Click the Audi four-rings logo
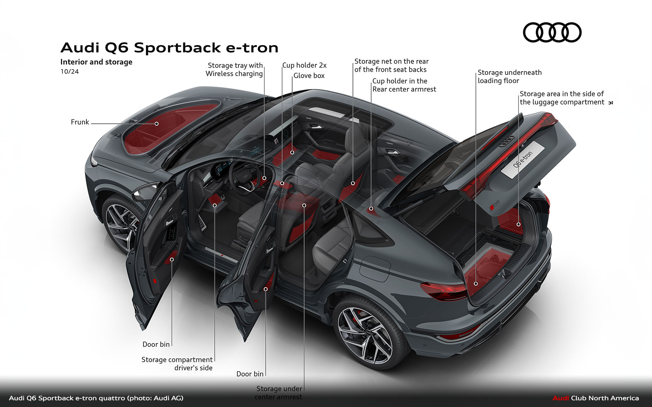pos(552,33)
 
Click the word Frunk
pos(80,122)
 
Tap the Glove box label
pos(309,76)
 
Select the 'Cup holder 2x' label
pos(304,65)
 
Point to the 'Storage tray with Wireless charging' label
pos(234,70)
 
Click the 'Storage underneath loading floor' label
pos(509,77)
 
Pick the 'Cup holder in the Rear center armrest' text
pos(404,85)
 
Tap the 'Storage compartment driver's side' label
pos(177,364)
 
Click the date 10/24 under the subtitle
pos(70,72)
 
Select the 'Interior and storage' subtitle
pos(96,62)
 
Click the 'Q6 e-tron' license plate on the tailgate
pos(523,160)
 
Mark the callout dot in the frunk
pos(156,123)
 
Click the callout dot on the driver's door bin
pos(172,259)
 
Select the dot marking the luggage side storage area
pos(518,224)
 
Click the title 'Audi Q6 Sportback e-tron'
pos(170,48)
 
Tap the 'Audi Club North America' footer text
pos(595,398)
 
